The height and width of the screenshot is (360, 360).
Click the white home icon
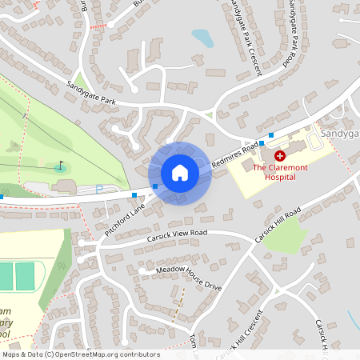pyautogui.click(x=180, y=173)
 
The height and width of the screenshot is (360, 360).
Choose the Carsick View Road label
pyautogui.click(x=176, y=235)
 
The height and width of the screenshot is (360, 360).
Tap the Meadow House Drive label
pyautogui.click(x=189, y=278)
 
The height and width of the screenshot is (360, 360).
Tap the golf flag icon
pyautogui.click(x=60, y=167)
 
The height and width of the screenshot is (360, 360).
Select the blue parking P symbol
pyautogui.click(x=98, y=190)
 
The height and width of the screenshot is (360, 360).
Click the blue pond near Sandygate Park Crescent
pyautogui.click(x=202, y=38)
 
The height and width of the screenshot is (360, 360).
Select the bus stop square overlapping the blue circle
pyautogui.click(x=155, y=186)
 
